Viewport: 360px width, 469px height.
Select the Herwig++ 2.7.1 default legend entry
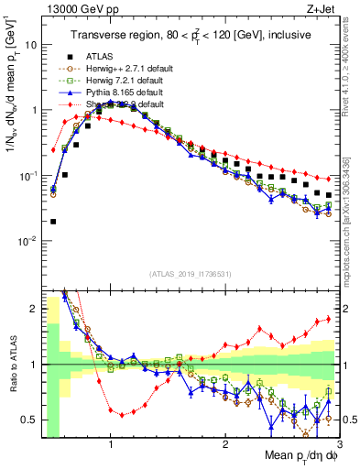[x=119, y=69]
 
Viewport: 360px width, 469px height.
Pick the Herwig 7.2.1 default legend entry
[x=118, y=81]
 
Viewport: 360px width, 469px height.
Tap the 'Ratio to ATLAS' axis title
[x=12, y=364]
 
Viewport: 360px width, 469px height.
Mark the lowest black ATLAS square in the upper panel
[x=53, y=221]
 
